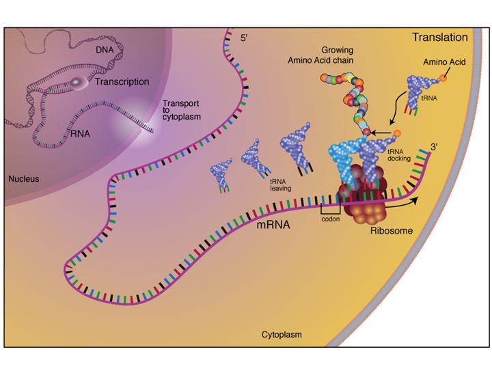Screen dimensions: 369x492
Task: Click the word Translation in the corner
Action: point(439,38)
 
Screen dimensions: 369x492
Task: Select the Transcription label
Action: point(122,81)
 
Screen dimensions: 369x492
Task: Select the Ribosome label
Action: point(391,231)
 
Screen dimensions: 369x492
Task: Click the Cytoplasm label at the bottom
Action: point(282,336)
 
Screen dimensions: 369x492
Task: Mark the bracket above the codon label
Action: point(331,209)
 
